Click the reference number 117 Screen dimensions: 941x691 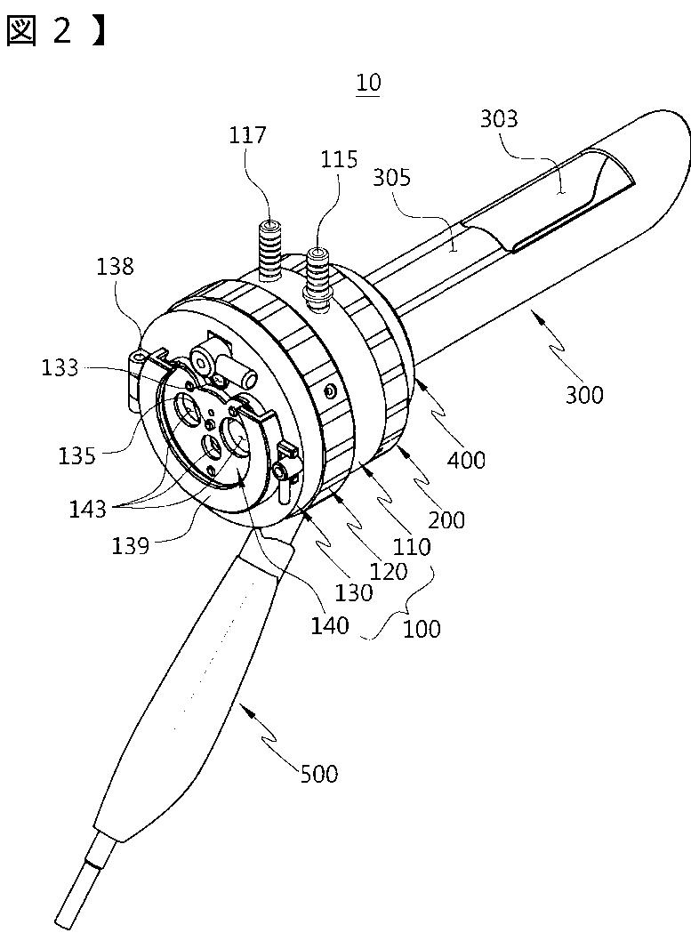(x=247, y=135)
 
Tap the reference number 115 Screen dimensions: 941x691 (x=341, y=159)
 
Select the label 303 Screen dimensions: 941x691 (x=498, y=118)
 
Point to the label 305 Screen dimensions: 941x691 (x=392, y=177)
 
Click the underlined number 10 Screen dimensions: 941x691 (x=367, y=83)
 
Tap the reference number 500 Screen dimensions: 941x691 (x=319, y=774)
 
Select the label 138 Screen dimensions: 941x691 (x=117, y=266)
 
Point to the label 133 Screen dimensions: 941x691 (x=60, y=366)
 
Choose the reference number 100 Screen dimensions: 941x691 (x=422, y=628)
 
